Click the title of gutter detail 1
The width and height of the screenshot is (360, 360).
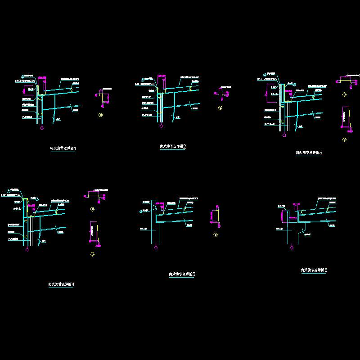pos(63,148)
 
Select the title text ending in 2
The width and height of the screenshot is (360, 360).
pos(173,147)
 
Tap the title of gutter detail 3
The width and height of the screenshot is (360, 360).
pos(309,153)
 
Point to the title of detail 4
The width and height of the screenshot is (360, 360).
pos(62,284)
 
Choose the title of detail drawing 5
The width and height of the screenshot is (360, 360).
pos(182,274)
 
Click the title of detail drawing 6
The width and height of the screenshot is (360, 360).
pos(314,270)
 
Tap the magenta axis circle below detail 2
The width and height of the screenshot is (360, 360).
pos(160,126)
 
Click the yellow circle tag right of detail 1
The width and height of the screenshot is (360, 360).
pos(100,116)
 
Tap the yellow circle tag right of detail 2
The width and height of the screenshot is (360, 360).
pos(220,108)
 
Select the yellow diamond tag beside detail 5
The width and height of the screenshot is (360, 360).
pos(216,234)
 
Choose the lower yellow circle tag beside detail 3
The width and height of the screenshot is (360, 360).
pos(345,140)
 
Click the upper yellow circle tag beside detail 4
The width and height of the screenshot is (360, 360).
pos(93,209)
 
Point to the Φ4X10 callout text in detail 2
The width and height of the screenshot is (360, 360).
pos(145,84)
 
